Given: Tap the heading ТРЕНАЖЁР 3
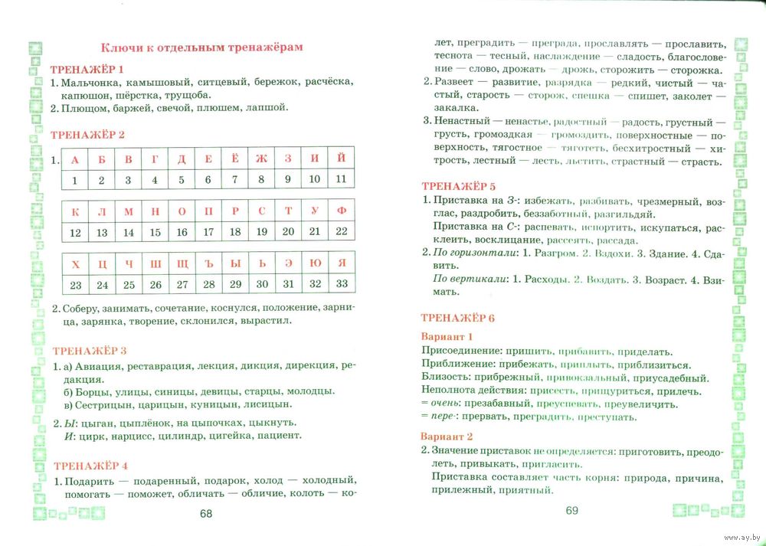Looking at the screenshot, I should pos(89,351).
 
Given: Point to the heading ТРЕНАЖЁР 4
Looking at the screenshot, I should pos(90,466).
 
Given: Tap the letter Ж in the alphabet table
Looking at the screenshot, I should pos(260,159).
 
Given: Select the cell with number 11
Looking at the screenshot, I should pos(341,180).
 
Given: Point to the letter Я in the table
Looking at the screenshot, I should pos(342,263).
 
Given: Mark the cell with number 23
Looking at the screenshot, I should pos(75,285).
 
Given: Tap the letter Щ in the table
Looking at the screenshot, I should pos(182,263).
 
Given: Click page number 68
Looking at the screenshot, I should pos(205,514).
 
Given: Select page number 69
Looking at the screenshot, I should pos(571,511).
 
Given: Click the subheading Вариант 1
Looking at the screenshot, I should pos(447,336).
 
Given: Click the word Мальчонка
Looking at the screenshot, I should pos(92,82).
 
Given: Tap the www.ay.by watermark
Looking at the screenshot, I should pos(740,537).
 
